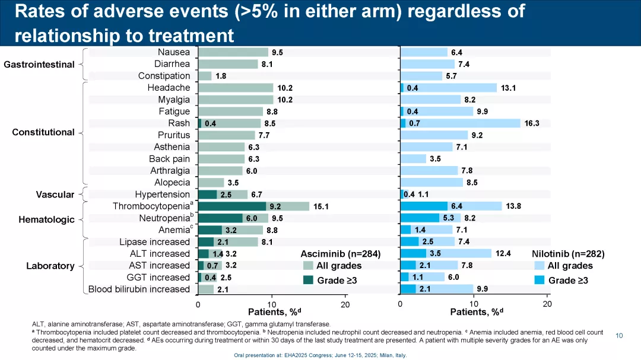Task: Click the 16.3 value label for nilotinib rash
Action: pyautogui.click(x=531, y=123)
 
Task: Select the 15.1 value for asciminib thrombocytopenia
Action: pyautogui.click(x=321, y=206)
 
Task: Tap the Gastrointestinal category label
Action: pyautogui.click(x=39, y=64)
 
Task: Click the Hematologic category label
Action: pyautogui.click(x=47, y=219)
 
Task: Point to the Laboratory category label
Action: pyautogui.click(x=50, y=266)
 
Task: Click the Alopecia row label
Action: pyautogui.click(x=172, y=183)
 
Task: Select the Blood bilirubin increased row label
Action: pyautogui.click(x=139, y=289)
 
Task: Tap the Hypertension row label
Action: pyautogui.click(x=162, y=195)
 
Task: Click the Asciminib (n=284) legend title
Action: pyautogui.click(x=340, y=253)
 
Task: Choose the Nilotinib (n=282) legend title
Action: pyautogui.click(x=568, y=253)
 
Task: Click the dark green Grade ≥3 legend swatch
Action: pyautogui.click(x=307, y=280)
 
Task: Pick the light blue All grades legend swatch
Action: pyautogui.click(x=539, y=266)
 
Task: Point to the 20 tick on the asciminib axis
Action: pyautogui.click(x=345, y=304)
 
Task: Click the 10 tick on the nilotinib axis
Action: pyautogui.click(x=474, y=304)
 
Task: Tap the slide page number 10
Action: pyautogui.click(x=619, y=336)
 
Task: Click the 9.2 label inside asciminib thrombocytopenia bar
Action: pyautogui.click(x=275, y=206)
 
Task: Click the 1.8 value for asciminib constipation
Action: pyautogui.click(x=220, y=76)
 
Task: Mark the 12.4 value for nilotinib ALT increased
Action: pyautogui.click(x=503, y=254)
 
